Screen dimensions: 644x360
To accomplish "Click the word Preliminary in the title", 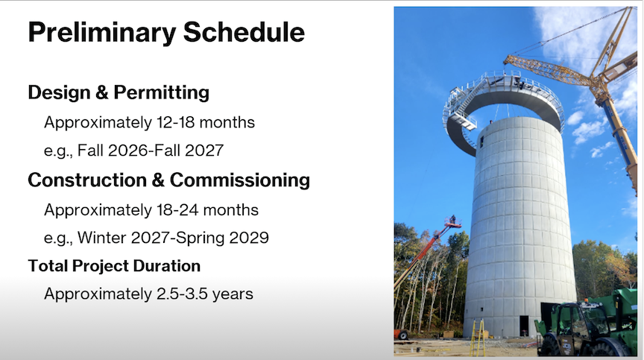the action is tap(102, 33).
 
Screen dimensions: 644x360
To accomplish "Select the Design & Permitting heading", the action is tap(119, 92).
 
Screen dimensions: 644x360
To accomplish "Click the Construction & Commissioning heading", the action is tap(168, 180).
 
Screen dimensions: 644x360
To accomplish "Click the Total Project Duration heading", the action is tap(114, 266).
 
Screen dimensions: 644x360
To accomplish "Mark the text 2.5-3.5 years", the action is tap(205, 294).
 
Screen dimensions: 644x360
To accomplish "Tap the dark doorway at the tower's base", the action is tap(524, 326).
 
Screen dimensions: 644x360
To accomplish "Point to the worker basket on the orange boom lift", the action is tap(452, 221).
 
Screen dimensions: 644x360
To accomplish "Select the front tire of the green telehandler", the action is tap(551, 347).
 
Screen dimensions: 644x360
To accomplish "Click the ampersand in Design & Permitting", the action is tap(102, 92).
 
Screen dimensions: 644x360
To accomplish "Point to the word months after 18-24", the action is tap(231, 209).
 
